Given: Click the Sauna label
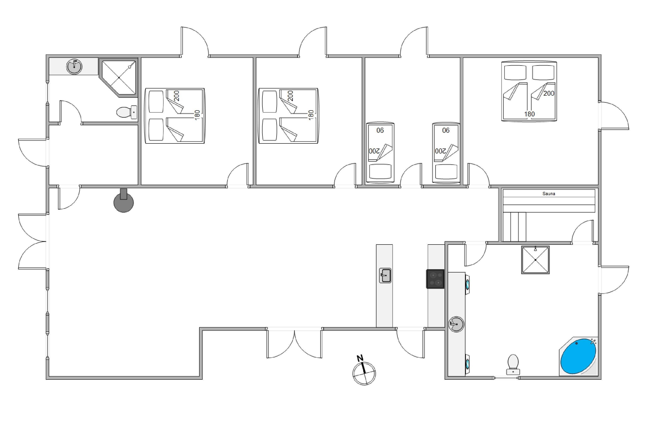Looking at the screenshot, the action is [x=548, y=193].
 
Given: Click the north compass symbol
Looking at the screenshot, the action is [x=364, y=371].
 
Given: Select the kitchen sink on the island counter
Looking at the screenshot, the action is [x=385, y=275].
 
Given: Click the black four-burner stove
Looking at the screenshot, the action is [x=435, y=279].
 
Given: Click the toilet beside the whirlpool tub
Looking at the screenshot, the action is [x=513, y=364].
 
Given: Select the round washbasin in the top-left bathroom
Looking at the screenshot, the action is [x=74, y=67].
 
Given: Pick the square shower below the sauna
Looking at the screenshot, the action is [x=535, y=260].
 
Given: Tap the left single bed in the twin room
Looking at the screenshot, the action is [x=380, y=153].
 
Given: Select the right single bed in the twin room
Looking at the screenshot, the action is [x=446, y=153].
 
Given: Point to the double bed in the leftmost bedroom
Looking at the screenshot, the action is [x=175, y=116].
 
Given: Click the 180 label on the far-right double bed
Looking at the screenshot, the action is [x=529, y=114].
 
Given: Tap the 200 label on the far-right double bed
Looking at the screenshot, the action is [x=549, y=93].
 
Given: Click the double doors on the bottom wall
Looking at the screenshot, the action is [x=294, y=343].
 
